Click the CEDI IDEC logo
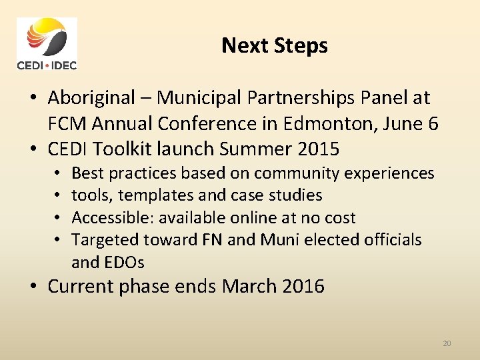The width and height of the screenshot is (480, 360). pyautogui.click(x=47, y=44)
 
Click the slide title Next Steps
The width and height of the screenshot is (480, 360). pyautogui.click(x=274, y=45)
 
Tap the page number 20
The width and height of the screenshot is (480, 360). pyautogui.click(x=447, y=343)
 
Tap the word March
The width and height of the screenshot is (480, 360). pyautogui.click(x=249, y=287)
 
